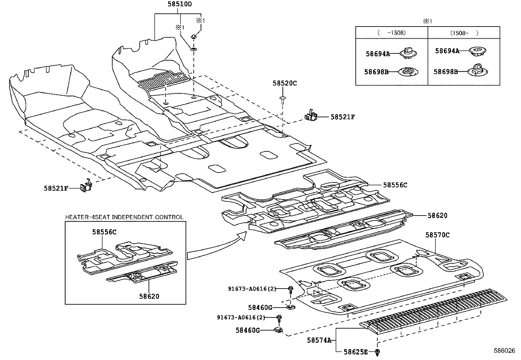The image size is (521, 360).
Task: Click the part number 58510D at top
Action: click(180, 4)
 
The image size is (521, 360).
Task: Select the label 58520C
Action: click(285, 84)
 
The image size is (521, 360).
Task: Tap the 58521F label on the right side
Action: click(343, 117)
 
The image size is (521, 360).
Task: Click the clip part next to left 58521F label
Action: click(87, 186)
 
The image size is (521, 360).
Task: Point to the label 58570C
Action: click(438, 235)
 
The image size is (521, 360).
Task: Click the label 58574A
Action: click(319, 340)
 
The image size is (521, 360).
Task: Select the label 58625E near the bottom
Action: click(356, 352)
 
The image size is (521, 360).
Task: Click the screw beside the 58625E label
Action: click(378, 352)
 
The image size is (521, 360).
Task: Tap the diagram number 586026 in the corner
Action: click(506, 350)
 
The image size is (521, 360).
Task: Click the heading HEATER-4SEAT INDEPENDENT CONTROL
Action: click(124, 217)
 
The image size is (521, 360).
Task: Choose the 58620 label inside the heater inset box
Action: click(149, 296)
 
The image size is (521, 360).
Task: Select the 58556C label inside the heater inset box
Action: click(104, 232)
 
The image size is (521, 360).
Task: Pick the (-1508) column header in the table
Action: click(391, 33)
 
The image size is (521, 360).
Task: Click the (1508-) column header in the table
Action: click(464, 33)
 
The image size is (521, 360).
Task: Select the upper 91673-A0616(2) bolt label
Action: click(252, 289)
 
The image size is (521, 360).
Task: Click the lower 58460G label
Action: click(248, 331)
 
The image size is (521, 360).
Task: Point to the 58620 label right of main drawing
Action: click(438, 216)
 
